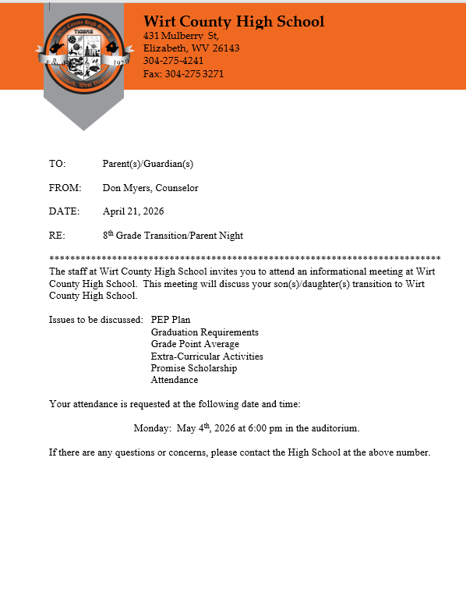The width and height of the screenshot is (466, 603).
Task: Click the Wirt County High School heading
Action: [234, 21]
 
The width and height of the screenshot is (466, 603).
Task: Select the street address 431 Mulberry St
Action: [181, 36]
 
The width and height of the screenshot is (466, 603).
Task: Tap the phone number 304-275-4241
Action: [174, 61]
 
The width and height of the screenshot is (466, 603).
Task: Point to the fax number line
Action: [183, 73]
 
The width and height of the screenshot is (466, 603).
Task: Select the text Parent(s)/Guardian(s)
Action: [147, 164]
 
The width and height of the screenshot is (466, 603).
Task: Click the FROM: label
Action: [65, 188]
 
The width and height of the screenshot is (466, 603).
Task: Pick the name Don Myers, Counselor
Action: [150, 188]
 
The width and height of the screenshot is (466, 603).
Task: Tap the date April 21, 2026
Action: [133, 211]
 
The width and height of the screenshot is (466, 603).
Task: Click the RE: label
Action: [57, 236]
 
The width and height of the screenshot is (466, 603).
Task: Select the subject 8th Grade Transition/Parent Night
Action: [173, 235]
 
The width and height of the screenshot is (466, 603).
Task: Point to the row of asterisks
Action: [245, 259]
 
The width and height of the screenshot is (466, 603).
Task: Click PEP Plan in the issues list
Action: [171, 320]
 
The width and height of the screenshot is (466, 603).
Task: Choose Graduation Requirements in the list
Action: [204, 332]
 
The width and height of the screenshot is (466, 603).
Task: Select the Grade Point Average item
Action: [195, 344]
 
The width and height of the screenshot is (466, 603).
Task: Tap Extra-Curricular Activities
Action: [207, 356]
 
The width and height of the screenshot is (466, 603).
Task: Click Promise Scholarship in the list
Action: [194, 368]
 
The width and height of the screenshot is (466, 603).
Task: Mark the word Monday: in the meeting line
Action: [152, 428]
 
